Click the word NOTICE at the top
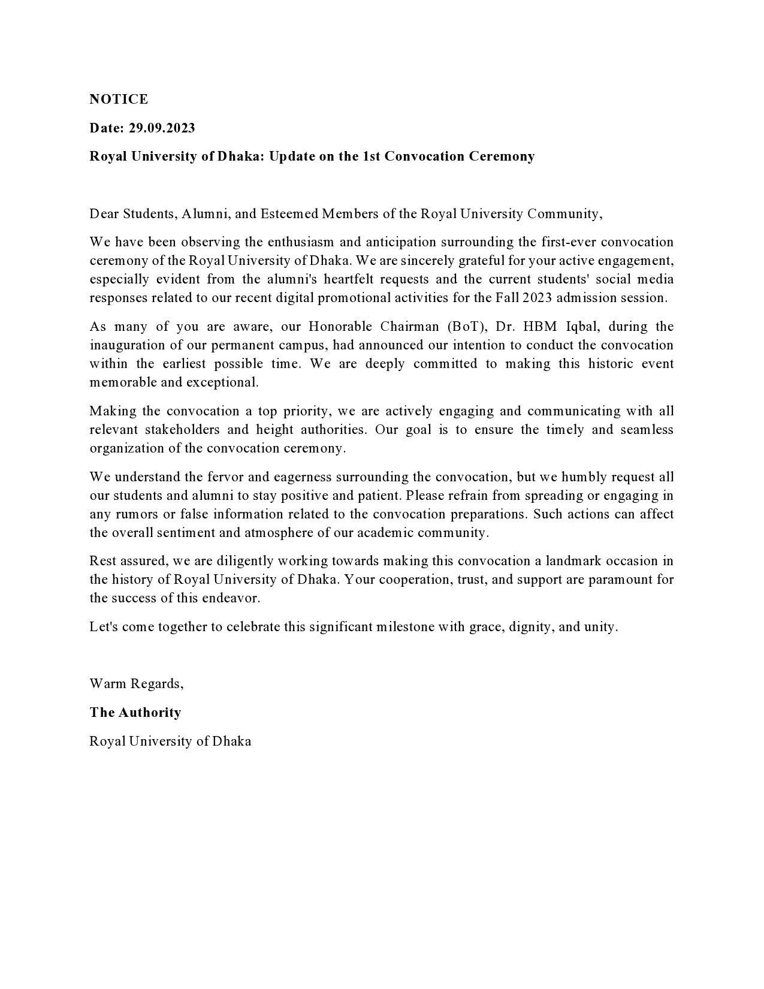[119, 99]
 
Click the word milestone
[404, 627]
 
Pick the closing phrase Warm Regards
[136, 684]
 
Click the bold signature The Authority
[135, 713]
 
